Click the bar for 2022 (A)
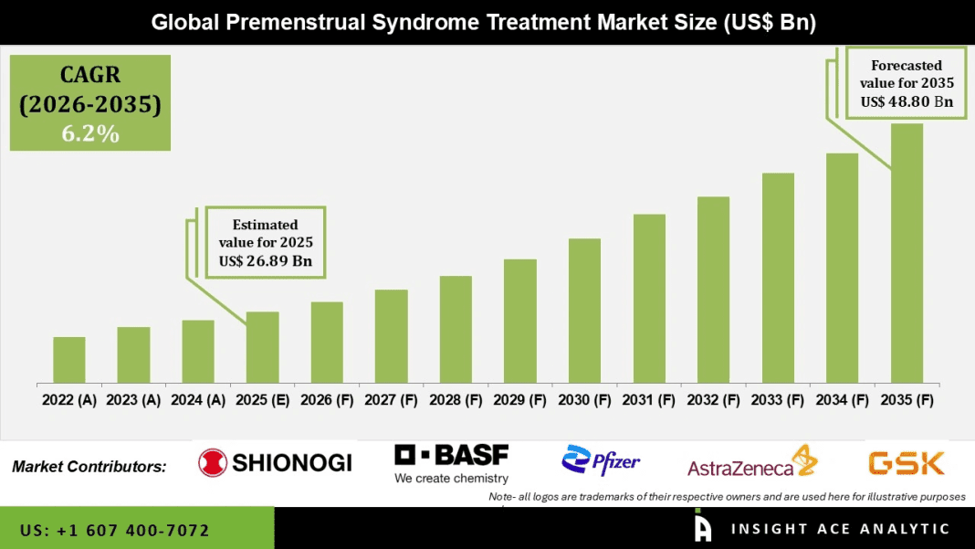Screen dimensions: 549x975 [x=69, y=360]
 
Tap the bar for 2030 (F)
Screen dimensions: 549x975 [x=584, y=311]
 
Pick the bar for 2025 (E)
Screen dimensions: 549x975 [x=262, y=347]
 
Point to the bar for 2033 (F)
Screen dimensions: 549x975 [x=778, y=278]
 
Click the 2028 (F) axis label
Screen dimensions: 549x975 [x=456, y=399]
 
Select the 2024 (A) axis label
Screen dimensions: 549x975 [x=198, y=399]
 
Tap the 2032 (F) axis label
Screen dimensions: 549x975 [x=713, y=399]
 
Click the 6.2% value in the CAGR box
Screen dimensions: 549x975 [x=89, y=133]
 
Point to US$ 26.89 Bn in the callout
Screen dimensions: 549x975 [x=266, y=261]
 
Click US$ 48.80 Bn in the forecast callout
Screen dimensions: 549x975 [x=907, y=101]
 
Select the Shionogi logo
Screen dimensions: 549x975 [x=275, y=462]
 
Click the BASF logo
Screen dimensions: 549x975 [x=452, y=463]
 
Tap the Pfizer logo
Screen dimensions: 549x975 [x=602, y=461]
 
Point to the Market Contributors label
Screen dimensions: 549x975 [x=89, y=467]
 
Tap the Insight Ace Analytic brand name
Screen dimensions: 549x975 [x=840, y=529]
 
